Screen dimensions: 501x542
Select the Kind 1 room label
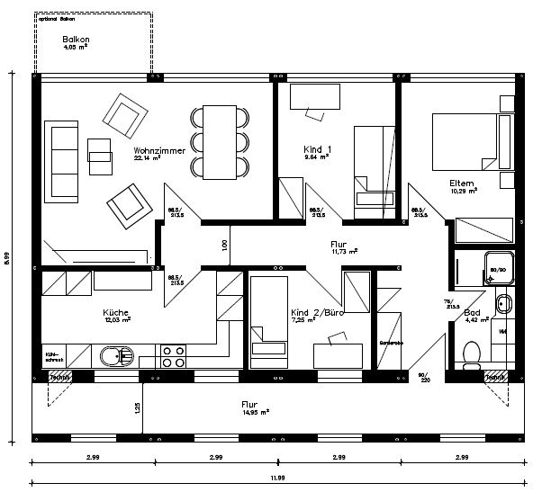click(x=316, y=148)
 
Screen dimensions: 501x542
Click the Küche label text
click(x=116, y=313)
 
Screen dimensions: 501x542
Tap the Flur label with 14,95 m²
click(x=249, y=405)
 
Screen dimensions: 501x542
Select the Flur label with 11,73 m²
click(x=339, y=245)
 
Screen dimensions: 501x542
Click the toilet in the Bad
click(x=468, y=353)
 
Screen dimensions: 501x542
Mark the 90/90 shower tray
click(x=498, y=266)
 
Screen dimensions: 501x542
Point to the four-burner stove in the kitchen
click(x=172, y=355)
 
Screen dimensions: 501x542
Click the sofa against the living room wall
click(x=63, y=160)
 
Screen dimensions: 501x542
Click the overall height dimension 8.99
click(x=7, y=257)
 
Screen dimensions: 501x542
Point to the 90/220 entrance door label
click(x=423, y=376)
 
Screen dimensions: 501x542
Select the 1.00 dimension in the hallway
click(x=224, y=245)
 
